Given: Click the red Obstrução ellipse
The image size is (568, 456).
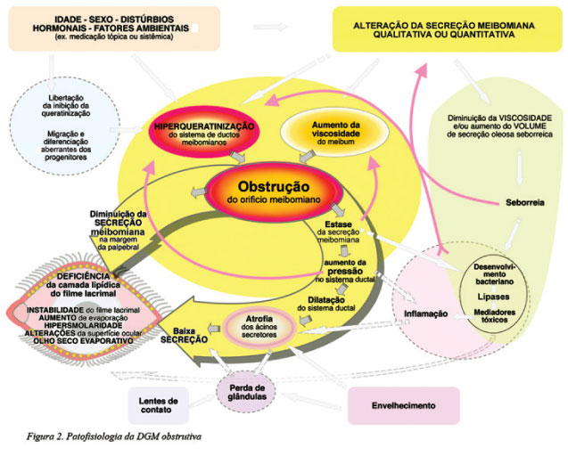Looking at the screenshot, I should click(272, 193).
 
